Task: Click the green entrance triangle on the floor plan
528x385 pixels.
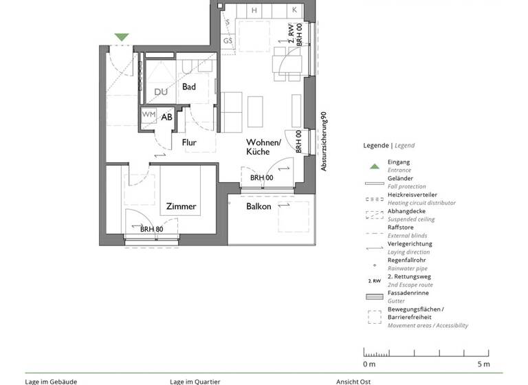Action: coord(122,37)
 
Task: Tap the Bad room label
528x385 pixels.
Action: coord(189,87)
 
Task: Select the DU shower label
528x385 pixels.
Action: coord(161,92)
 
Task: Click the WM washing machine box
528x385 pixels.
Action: coord(149,115)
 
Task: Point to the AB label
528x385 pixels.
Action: coord(167,117)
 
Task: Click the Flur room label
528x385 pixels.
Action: coord(190,143)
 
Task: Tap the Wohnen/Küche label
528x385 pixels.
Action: coord(264,146)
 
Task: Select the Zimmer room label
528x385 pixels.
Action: coord(181,206)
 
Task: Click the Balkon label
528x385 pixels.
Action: coord(258,206)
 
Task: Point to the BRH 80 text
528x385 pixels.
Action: coord(151,230)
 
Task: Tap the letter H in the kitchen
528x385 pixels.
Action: coord(254,10)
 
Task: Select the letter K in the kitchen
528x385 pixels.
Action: coord(294,10)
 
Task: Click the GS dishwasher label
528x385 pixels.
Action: coord(228,41)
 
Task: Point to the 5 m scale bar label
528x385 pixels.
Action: coord(483,363)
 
